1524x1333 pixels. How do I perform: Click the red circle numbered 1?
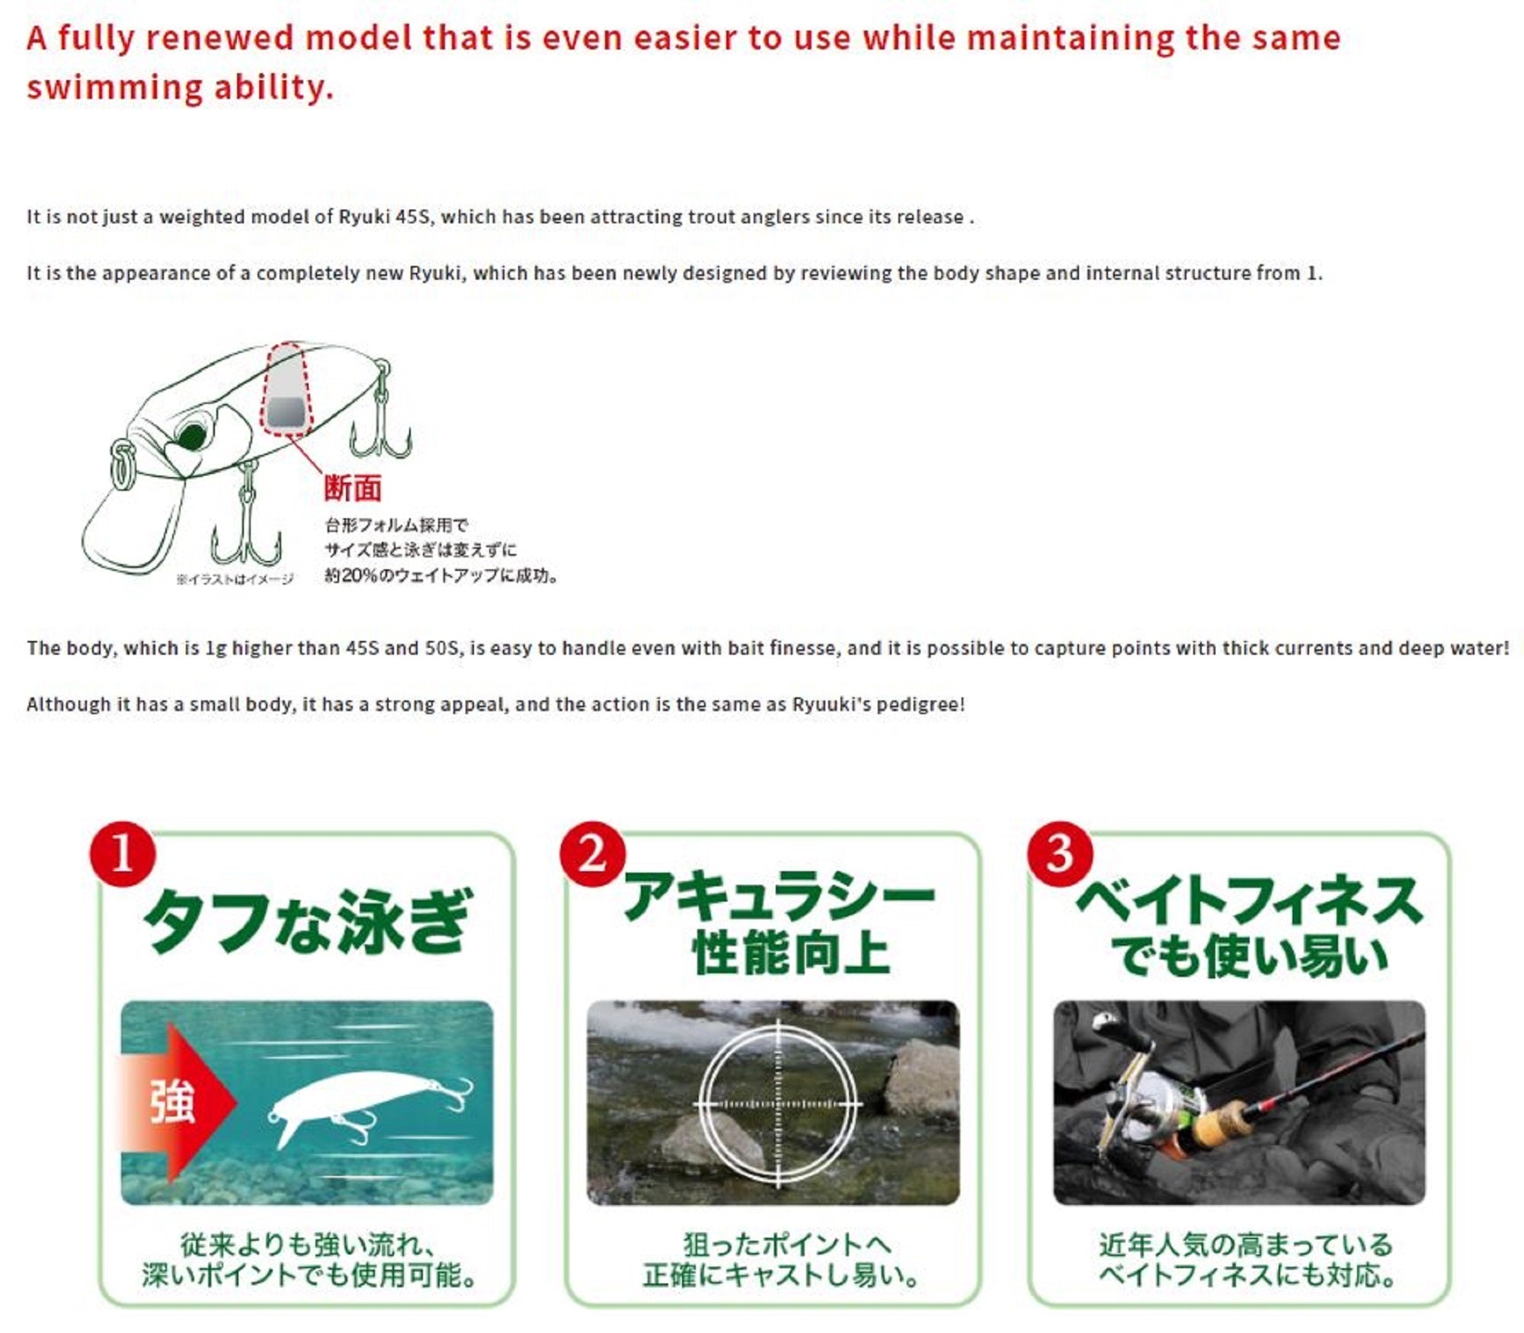click(123, 854)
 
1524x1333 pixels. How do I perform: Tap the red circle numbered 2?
click(592, 854)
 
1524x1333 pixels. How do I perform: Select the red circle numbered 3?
click(1060, 854)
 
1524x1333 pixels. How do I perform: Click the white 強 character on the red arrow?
click(172, 1102)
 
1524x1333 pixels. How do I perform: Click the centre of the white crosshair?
click(778, 1103)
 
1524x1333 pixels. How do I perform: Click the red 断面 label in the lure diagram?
click(352, 488)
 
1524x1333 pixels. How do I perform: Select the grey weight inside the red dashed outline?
click(287, 412)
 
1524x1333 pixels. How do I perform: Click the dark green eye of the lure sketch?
click(190, 437)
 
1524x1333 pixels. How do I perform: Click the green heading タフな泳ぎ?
click(307, 921)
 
